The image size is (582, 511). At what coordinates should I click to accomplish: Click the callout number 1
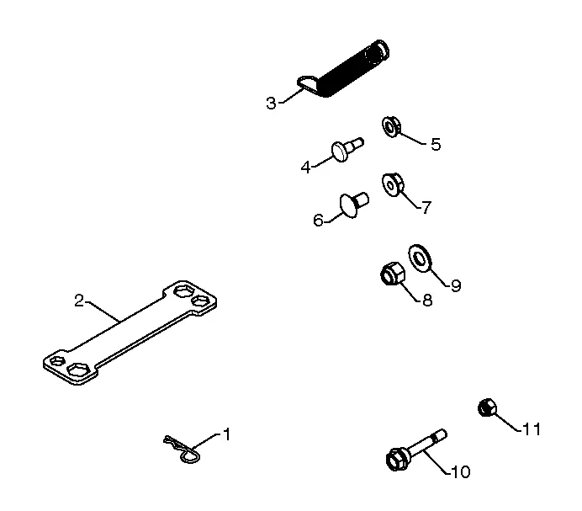pos(226,434)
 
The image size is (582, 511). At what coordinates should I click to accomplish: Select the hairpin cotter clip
pos(183,448)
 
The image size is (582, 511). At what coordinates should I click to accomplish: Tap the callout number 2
pos(79,301)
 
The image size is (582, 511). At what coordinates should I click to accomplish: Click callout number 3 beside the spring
pos(272,103)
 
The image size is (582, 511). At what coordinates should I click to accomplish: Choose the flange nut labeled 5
pos(391,127)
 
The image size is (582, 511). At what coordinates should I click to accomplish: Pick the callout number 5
pos(436,144)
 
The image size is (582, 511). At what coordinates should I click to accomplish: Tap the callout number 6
pos(318,221)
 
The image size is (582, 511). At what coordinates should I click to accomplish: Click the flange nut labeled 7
pos(393,184)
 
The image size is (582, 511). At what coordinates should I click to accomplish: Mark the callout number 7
pos(426,207)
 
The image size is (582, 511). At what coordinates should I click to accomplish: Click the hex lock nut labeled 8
pos(393,274)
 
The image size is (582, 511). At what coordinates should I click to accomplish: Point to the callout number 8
pos(427,300)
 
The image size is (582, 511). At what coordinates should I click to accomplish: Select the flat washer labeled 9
pos(420,258)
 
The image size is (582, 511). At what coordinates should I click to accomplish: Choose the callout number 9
pos(456,285)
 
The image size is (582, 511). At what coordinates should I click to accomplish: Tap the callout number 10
pos(460,472)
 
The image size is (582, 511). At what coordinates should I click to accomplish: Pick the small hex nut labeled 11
pos(487,408)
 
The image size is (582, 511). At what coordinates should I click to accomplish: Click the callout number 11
pos(532,429)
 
